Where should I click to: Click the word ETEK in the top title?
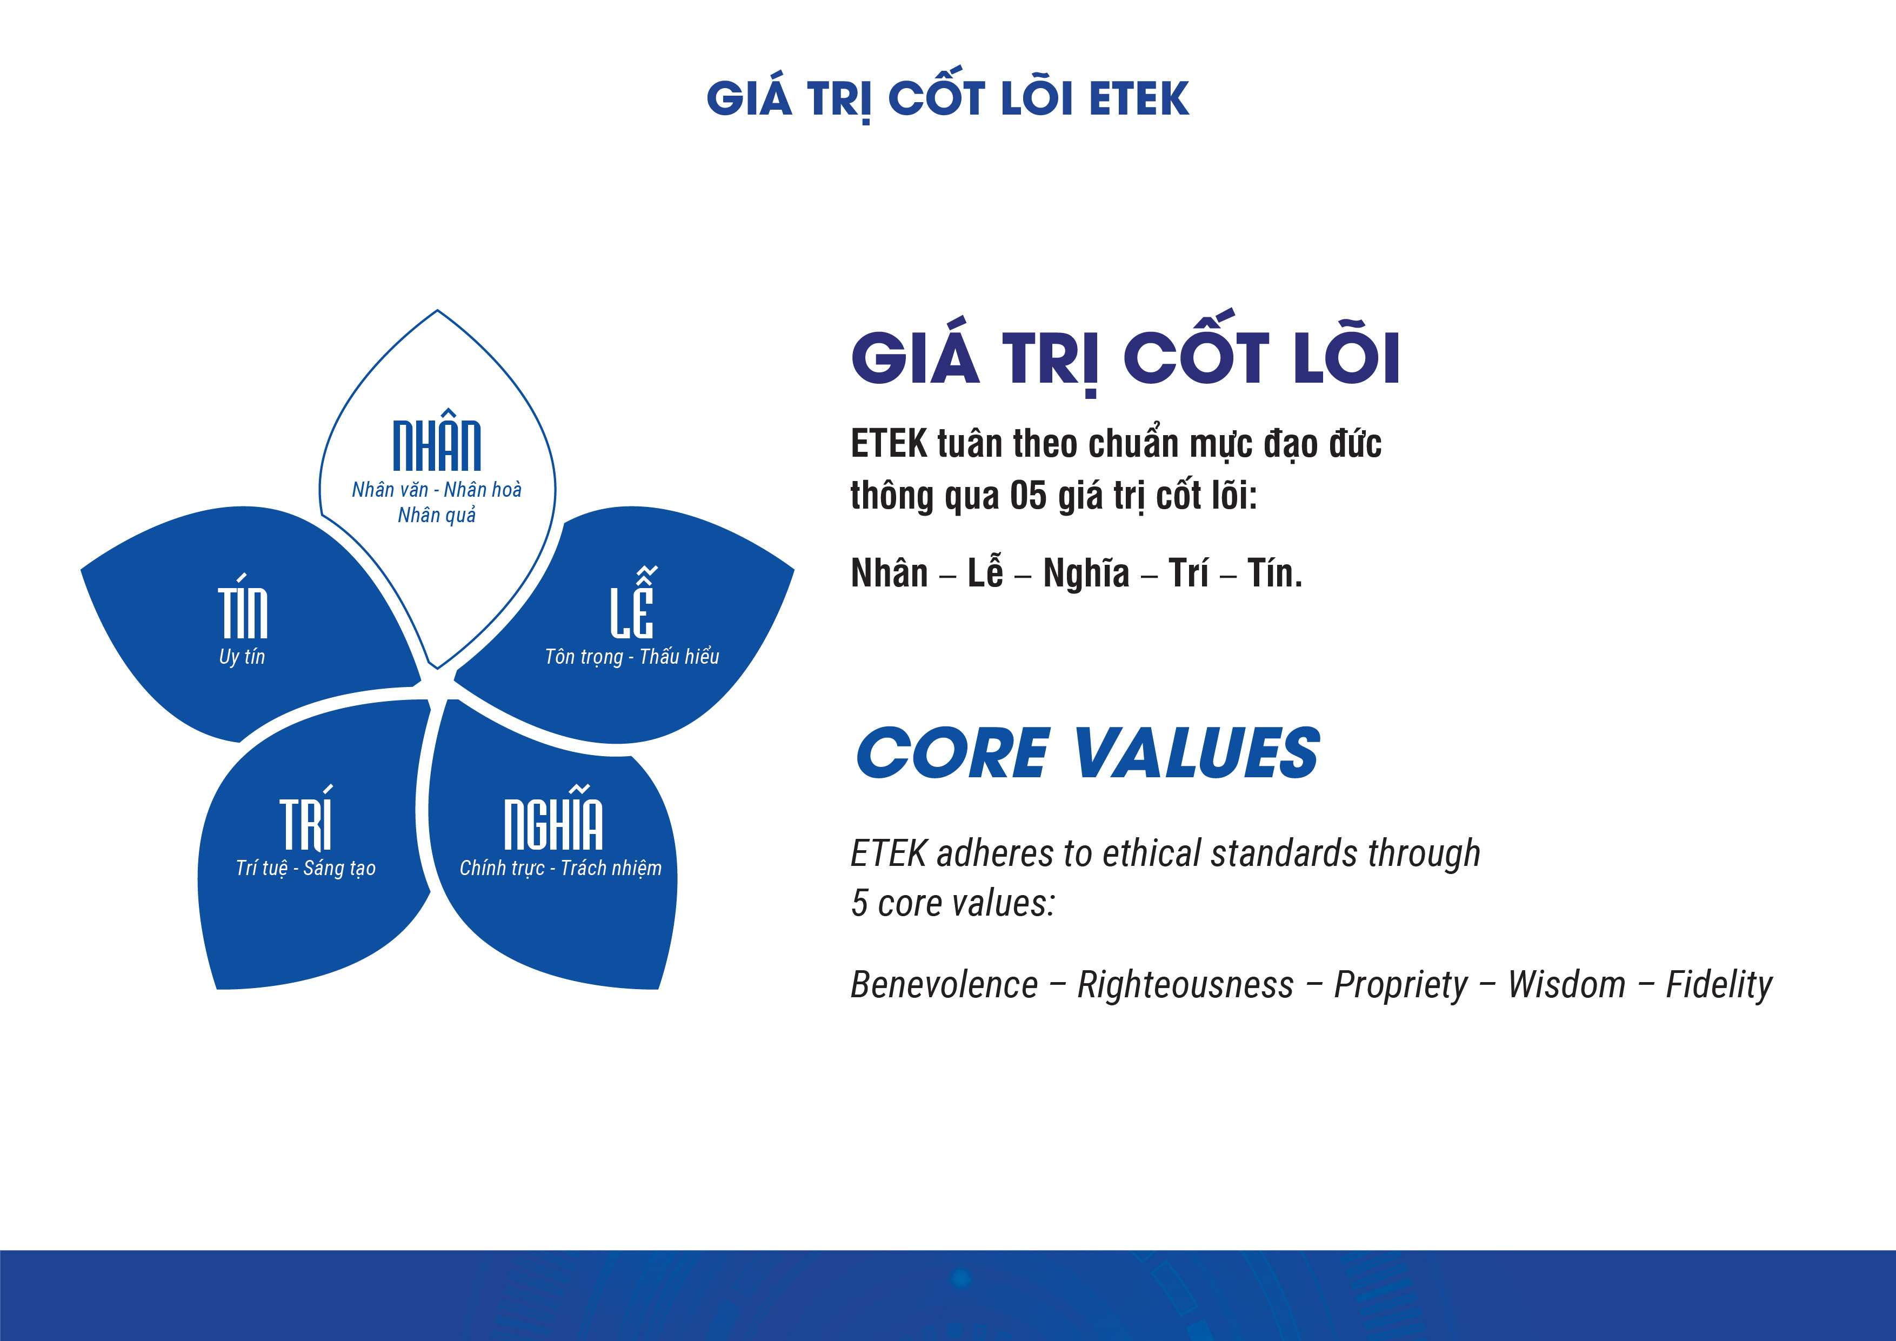tap(1139, 99)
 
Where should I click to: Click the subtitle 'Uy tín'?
tap(242, 657)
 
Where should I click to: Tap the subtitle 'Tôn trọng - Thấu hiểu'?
tap(632, 657)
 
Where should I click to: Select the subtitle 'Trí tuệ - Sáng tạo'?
tap(305, 868)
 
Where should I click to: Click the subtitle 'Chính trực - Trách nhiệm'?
tap(560, 868)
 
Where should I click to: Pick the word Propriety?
tap(1401, 985)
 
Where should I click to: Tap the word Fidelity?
tap(1719, 985)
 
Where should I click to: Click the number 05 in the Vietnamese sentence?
tap(1028, 496)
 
